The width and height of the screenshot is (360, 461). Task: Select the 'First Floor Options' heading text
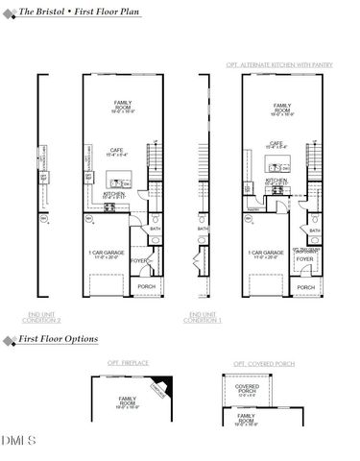pos(61,340)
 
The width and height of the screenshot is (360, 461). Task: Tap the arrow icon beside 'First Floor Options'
pos(8,340)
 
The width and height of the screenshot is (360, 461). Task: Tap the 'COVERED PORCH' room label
pos(247,390)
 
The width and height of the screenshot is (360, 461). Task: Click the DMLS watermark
pos(19,440)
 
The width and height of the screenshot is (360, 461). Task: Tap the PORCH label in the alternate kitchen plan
pos(305,286)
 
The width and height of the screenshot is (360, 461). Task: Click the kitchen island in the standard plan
pos(120,180)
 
